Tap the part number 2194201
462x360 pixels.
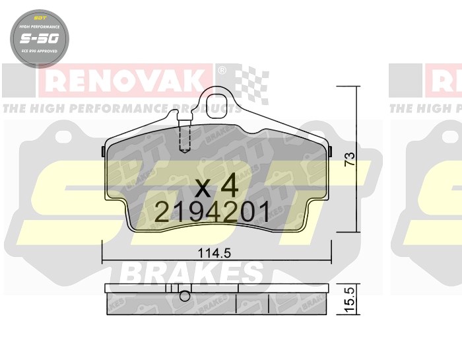[x=212, y=213]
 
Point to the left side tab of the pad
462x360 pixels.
[x=102, y=151]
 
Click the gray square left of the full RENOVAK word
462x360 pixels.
[x=18, y=81]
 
